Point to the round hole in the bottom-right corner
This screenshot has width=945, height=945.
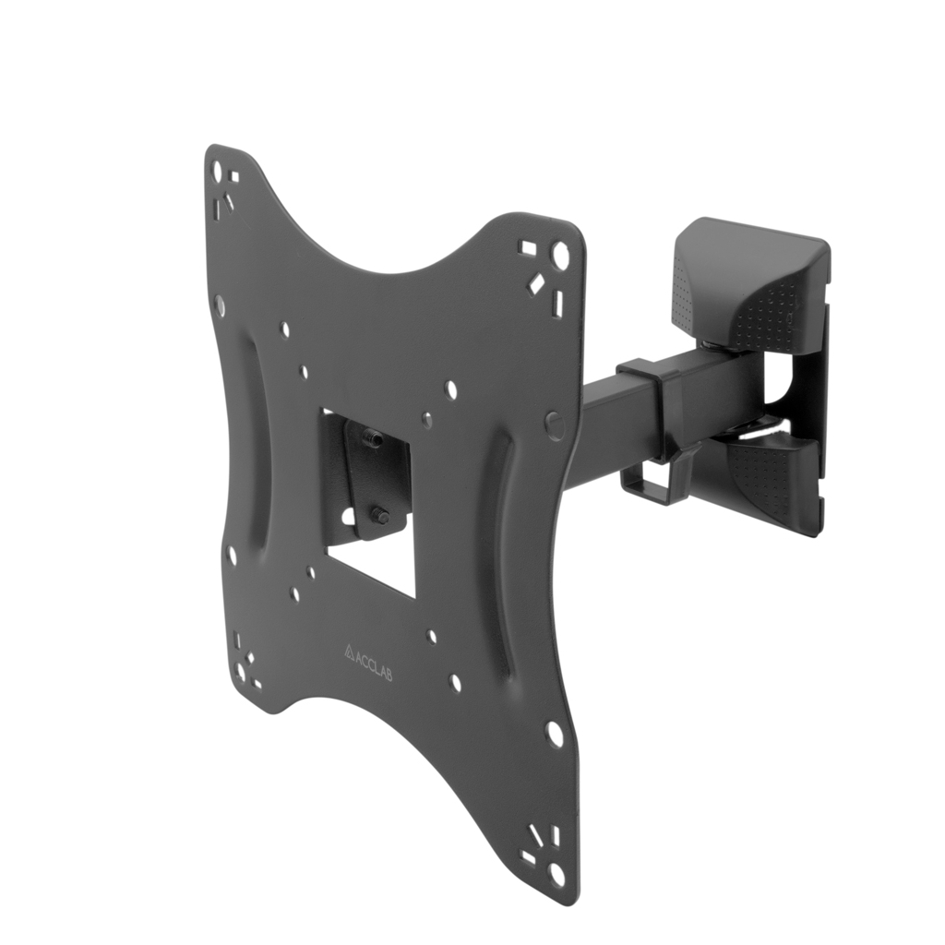[x=558, y=874]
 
